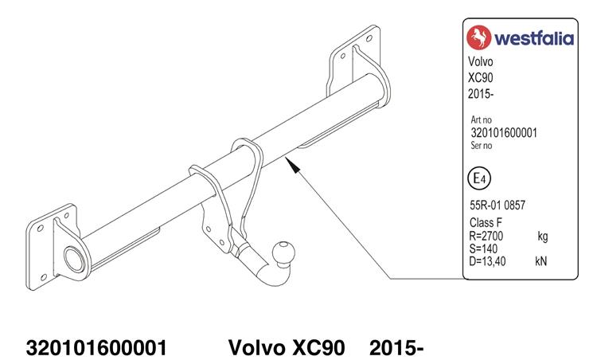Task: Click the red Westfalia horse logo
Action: pyautogui.click(x=479, y=37)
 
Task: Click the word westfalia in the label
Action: pyautogui.click(x=534, y=38)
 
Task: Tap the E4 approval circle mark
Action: pyautogui.click(x=479, y=178)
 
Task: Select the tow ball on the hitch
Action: pyautogui.click(x=283, y=252)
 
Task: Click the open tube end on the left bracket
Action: pyautogui.click(x=74, y=259)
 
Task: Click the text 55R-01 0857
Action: pyautogui.click(x=497, y=205)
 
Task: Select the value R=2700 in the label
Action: pyautogui.click(x=486, y=236)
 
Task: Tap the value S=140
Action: pyautogui.click(x=483, y=248)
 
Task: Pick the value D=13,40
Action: pyautogui.click(x=487, y=261)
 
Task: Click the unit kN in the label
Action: pyautogui.click(x=540, y=261)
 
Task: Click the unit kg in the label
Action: pyautogui.click(x=543, y=237)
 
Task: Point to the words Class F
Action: pyautogui.click(x=486, y=222)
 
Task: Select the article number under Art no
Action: pyautogui.click(x=504, y=133)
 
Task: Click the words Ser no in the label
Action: pyautogui.click(x=482, y=145)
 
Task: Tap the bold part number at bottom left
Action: pyautogui.click(x=96, y=348)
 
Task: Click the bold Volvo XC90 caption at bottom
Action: pyautogui.click(x=287, y=348)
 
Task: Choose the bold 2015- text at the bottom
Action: pyautogui.click(x=396, y=348)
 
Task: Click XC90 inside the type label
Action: pyautogui.click(x=481, y=78)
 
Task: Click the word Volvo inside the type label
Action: pyautogui.click(x=481, y=61)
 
